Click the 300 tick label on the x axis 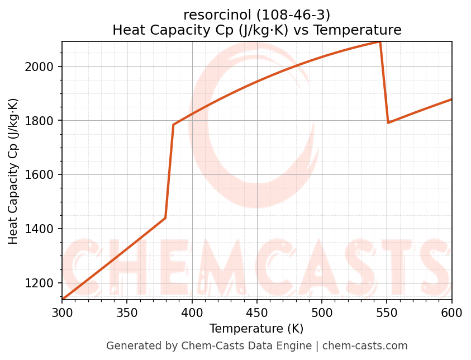tap(62, 313)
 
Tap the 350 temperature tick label tap(127, 313)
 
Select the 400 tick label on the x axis tap(192, 313)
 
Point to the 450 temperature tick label tap(256, 313)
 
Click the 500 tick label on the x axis tap(322, 313)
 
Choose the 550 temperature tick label tap(387, 313)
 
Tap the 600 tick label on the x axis tap(451, 313)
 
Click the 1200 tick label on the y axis tap(43, 283)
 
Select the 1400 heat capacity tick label tap(43, 229)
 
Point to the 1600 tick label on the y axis tap(43, 174)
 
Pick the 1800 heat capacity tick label tap(43, 121)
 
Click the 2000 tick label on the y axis tap(43, 67)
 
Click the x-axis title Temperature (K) tap(256, 329)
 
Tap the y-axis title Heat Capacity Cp tap(13, 170)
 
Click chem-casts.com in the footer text tap(365, 346)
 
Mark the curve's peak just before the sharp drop tap(380, 42)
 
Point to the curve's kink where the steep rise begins tap(165, 218)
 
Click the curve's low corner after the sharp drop tap(388, 122)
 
